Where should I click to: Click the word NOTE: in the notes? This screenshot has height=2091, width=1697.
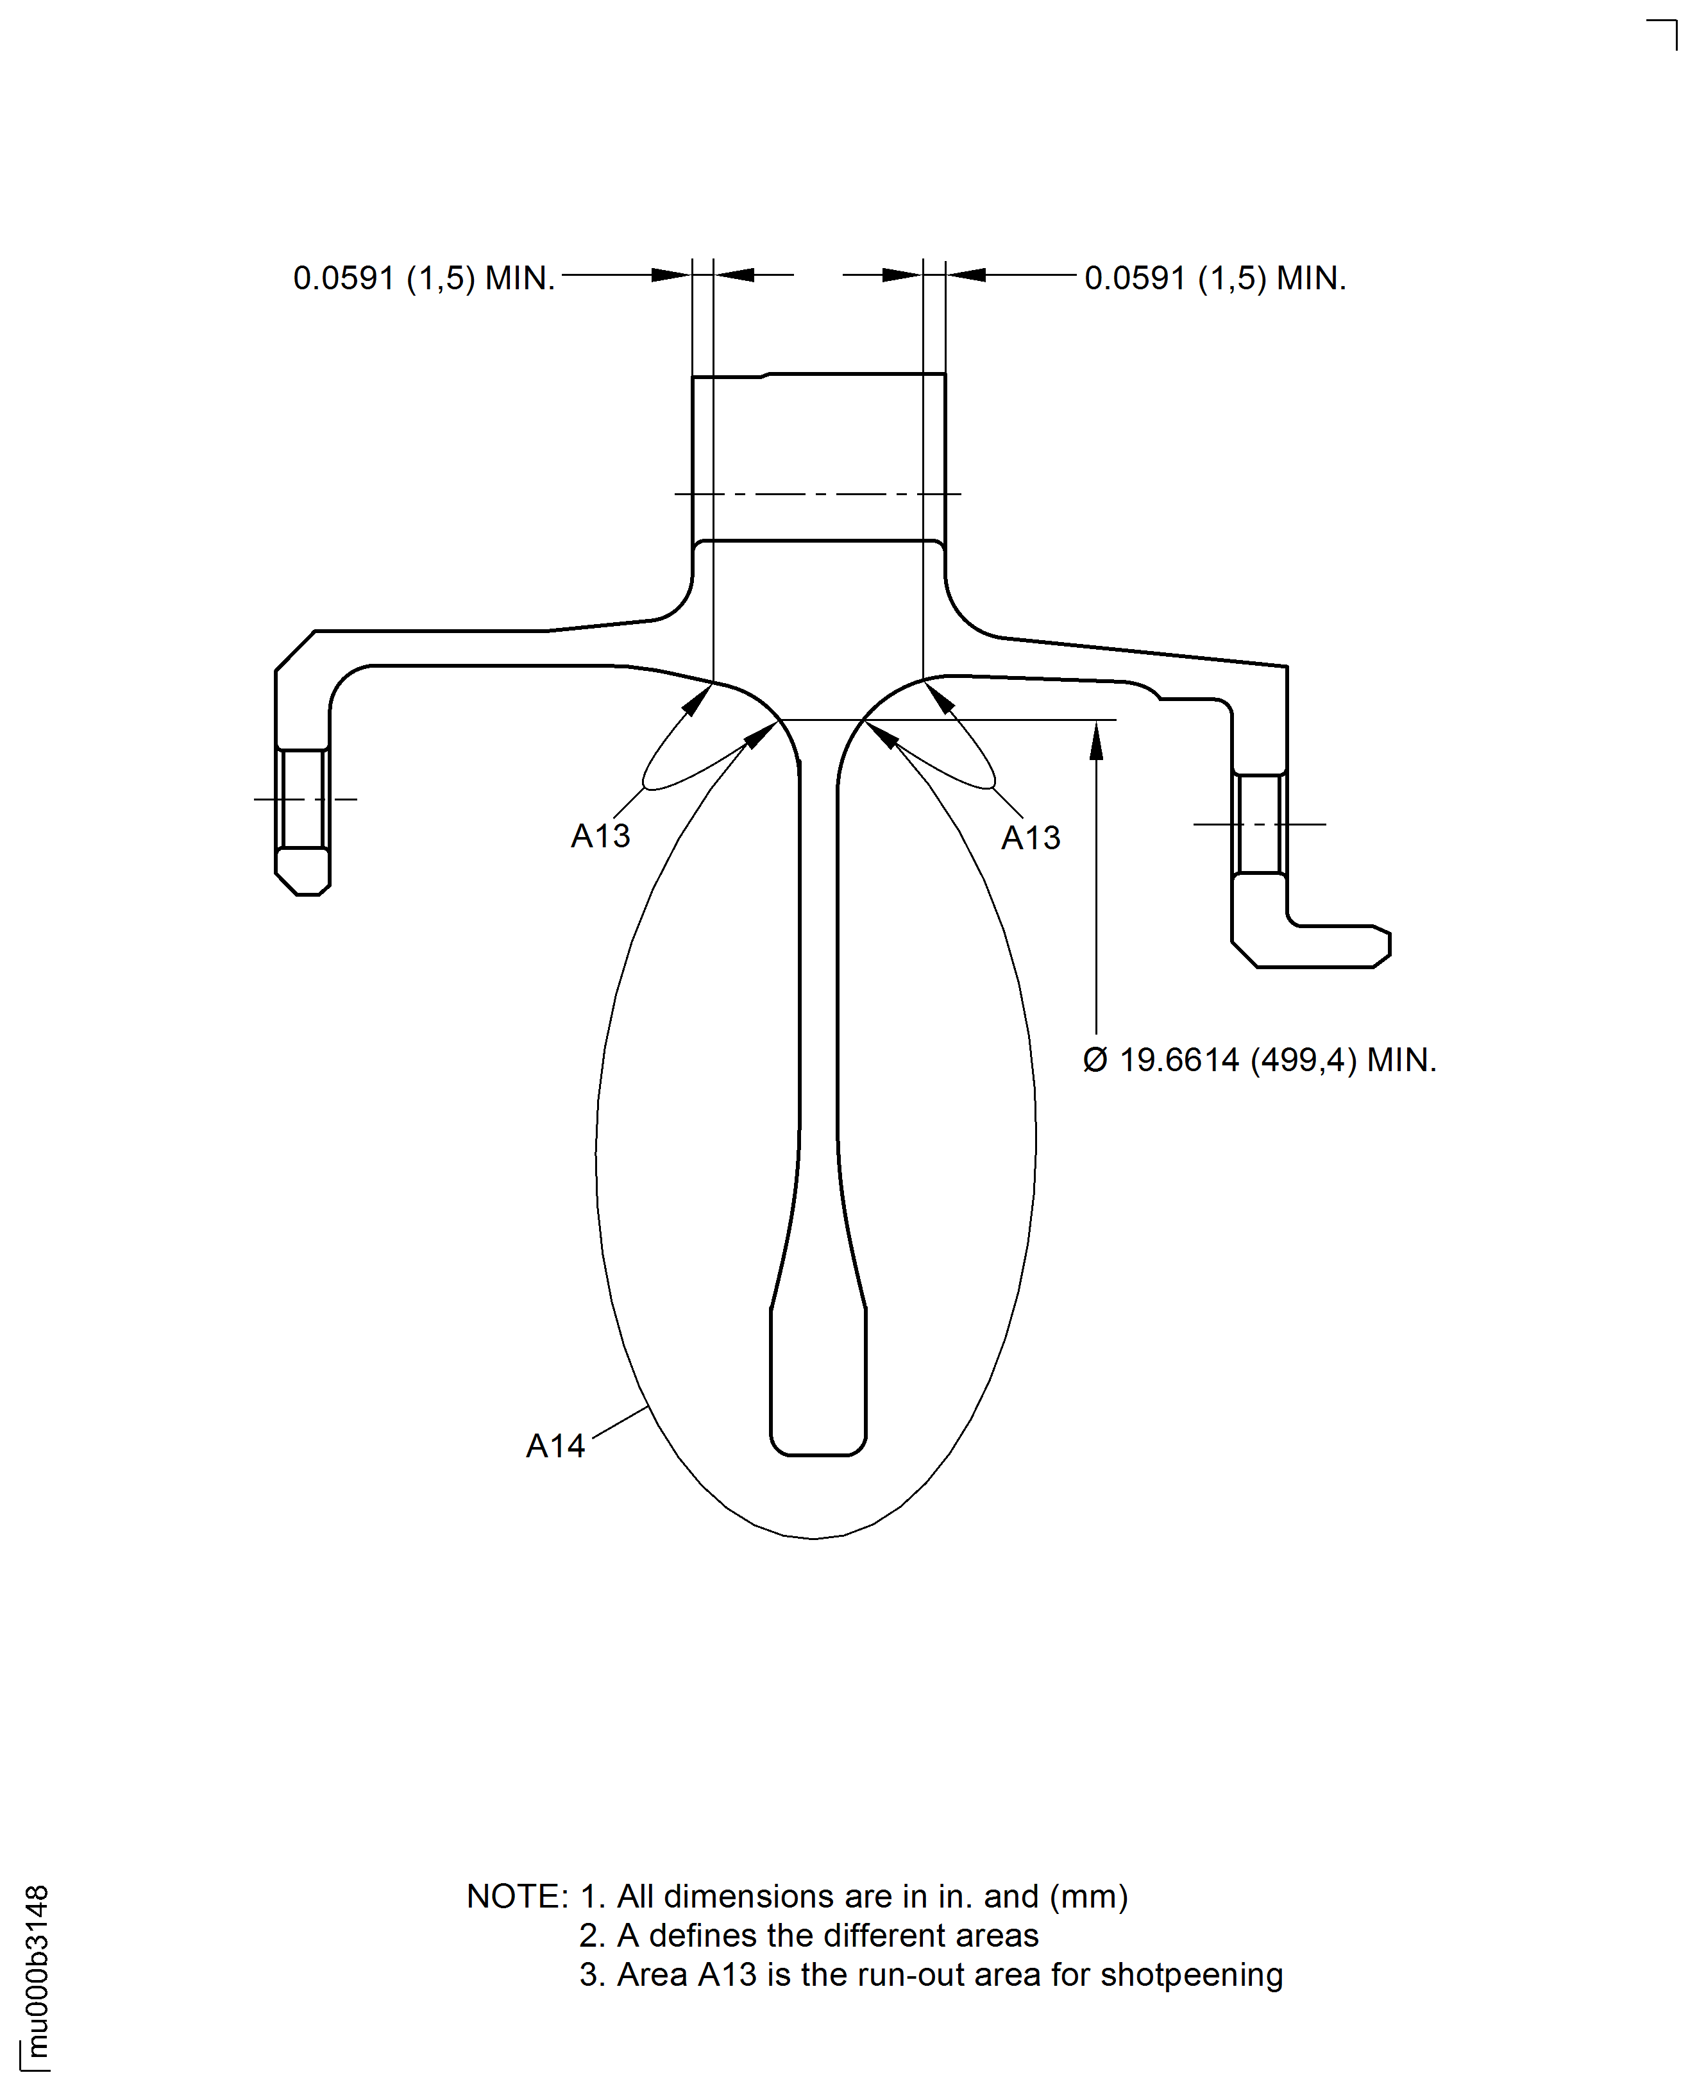[517, 1897]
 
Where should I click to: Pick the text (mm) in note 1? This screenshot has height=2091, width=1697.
[1089, 1897]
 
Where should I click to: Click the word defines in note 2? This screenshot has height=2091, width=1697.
[704, 1936]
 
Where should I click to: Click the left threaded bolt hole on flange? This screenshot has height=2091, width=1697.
[303, 799]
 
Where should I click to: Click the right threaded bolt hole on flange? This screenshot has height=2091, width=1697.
[1259, 824]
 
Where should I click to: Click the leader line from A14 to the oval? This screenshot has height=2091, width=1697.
[620, 1423]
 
